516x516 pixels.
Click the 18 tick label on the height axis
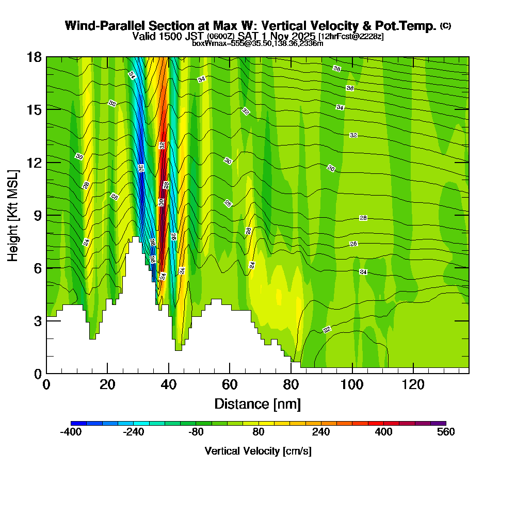coord(34,57)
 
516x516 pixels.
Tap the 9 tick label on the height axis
coord(38,215)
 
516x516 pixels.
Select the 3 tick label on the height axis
coord(38,321)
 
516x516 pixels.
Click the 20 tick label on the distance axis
coord(107,385)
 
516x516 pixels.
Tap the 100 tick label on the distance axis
coord(352,385)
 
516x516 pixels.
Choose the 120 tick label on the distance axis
coord(413,385)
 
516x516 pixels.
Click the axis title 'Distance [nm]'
coord(257,404)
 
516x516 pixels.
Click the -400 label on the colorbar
coord(71,432)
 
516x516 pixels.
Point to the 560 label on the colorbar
coord(446,432)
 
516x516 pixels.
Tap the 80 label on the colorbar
coord(259,432)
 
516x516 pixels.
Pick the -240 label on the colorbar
coord(134,432)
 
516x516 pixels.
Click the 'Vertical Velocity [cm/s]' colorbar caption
coord(258,451)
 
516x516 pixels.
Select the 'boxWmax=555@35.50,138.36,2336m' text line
coord(257,43)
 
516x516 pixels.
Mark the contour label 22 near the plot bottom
coord(327,329)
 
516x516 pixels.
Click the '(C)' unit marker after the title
coord(446,26)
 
